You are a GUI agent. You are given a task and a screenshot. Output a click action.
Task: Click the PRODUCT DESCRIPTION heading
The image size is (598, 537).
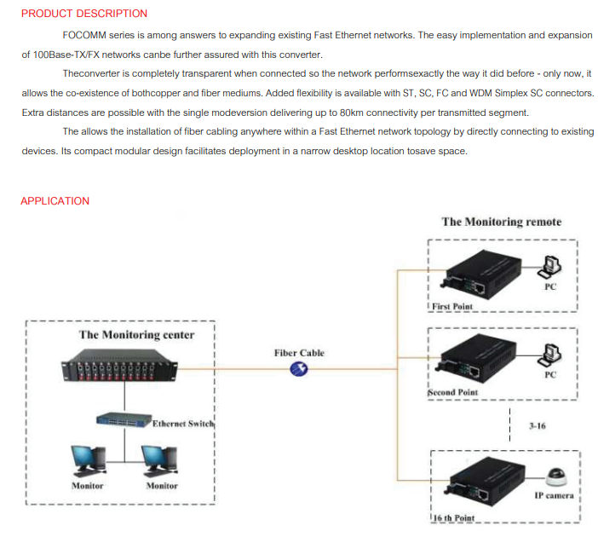[x=83, y=14]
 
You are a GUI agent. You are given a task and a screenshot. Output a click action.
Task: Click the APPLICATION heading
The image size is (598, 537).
[x=55, y=201]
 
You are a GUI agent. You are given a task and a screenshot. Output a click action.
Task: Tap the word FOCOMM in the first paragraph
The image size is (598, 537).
[x=83, y=35]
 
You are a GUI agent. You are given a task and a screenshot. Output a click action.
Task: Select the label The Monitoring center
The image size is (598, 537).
[x=136, y=335]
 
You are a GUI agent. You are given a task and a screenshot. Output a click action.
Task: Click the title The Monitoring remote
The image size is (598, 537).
[x=501, y=222]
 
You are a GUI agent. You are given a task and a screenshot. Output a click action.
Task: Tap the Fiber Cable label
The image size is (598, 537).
[x=299, y=353]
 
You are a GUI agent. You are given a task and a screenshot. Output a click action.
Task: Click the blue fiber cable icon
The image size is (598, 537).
[x=299, y=368]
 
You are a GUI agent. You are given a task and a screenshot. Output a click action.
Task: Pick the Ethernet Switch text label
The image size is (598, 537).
[x=183, y=423]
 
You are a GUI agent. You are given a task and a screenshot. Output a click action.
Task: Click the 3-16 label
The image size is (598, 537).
[x=537, y=424]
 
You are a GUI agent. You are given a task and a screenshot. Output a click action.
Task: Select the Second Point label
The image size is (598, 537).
[x=453, y=393]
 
